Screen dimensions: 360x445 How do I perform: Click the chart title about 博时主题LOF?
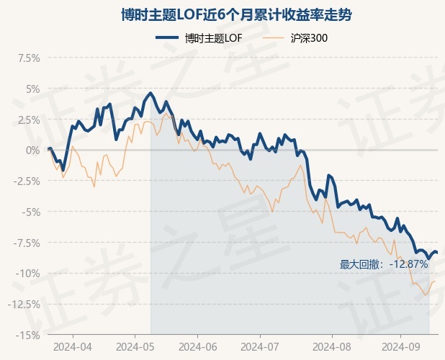click(222, 14)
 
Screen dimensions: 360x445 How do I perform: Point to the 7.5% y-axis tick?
click(27, 58)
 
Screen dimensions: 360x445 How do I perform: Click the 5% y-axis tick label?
click(32, 89)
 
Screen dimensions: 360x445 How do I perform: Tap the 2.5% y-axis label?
click(27, 120)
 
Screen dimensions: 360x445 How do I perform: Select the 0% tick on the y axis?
click(32, 150)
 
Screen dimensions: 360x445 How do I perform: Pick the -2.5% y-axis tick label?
click(24, 181)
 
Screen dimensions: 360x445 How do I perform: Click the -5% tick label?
click(30, 212)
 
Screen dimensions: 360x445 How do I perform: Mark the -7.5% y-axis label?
click(24, 243)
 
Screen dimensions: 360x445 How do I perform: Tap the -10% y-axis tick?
click(27, 274)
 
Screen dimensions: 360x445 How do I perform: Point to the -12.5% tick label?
click(22, 305)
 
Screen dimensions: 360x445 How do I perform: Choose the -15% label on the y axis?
click(27, 335)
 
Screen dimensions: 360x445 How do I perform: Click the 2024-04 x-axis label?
click(73, 346)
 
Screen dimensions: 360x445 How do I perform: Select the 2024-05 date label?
click(135, 346)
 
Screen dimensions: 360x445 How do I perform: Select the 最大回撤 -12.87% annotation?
click(384, 264)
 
